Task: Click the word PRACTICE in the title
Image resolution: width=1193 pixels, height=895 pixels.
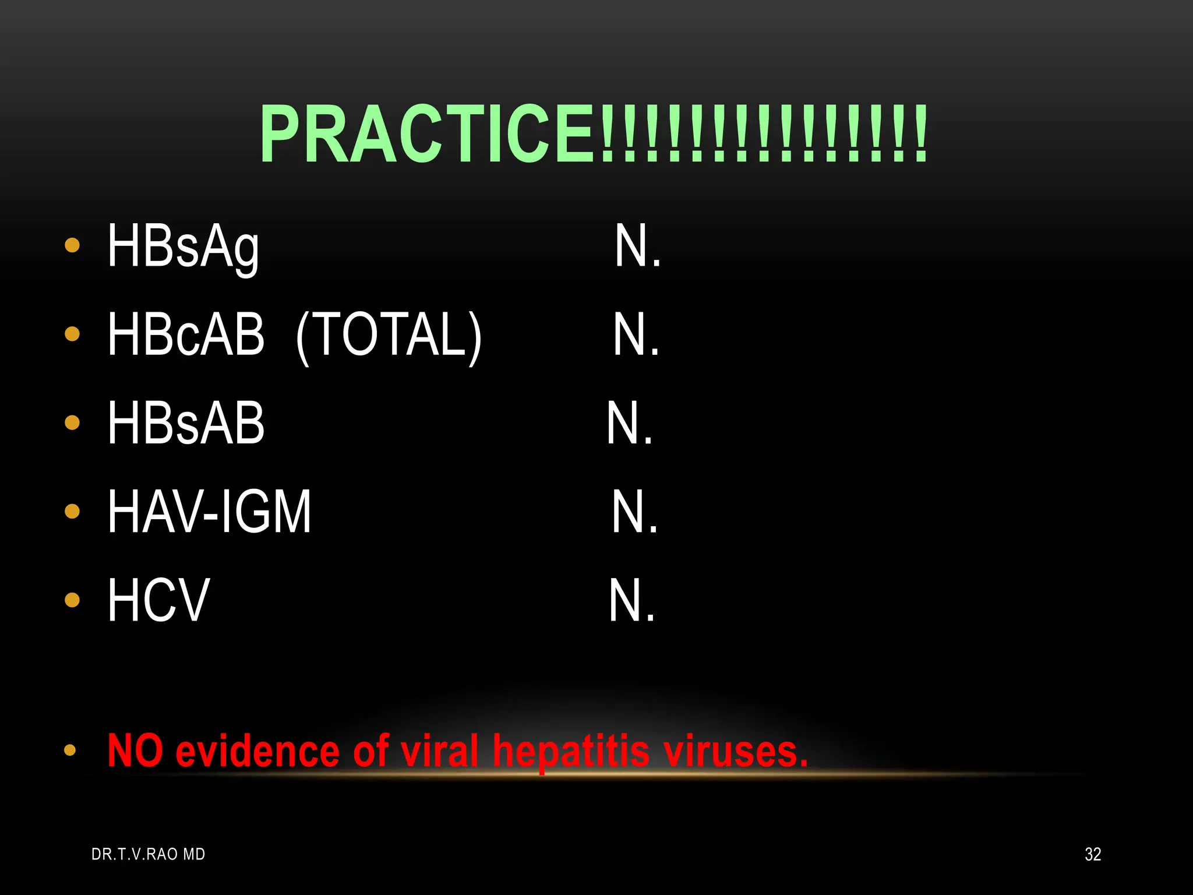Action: (x=428, y=134)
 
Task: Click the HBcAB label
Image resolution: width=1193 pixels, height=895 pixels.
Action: (x=186, y=334)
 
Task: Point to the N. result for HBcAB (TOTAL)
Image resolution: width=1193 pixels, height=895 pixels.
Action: (x=636, y=334)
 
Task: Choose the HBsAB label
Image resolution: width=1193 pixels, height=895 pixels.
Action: (x=186, y=424)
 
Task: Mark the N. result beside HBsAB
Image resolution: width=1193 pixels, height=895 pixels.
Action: (x=630, y=424)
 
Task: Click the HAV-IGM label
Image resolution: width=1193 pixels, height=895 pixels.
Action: (x=209, y=512)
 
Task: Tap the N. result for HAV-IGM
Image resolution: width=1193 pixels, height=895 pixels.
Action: (x=634, y=512)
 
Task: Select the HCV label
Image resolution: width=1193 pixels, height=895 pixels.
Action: (x=158, y=601)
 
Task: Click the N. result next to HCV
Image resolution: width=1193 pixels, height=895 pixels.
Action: (x=631, y=601)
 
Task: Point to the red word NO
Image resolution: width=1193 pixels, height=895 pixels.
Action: (x=135, y=750)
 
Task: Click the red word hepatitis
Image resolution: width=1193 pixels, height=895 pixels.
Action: (x=571, y=752)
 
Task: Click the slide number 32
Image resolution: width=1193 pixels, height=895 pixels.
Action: (x=1093, y=854)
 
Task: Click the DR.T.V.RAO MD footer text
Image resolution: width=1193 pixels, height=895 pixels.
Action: (x=148, y=854)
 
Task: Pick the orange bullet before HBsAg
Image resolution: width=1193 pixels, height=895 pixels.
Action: (x=72, y=245)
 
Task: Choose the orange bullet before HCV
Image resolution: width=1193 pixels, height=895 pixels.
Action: (x=72, y=600)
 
